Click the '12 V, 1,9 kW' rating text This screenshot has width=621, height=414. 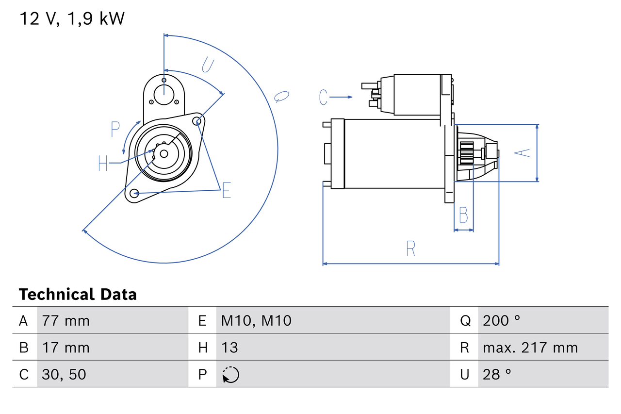click(72, 18)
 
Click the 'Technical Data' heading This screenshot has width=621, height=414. click(78, 294)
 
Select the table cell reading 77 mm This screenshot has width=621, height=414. click(66, 320)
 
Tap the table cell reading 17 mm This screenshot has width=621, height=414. click(66, 348)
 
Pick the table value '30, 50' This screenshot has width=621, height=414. click(64, 374)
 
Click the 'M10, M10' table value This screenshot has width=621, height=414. click(256, 320)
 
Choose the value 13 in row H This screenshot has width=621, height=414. click(229, 348)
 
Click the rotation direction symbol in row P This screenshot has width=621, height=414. click(230, 375)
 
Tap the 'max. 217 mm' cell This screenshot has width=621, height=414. click(530, 348)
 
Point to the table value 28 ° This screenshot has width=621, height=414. click(497, 374)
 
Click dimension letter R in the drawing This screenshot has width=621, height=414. click(410, 249)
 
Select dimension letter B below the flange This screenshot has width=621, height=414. click(463, 215)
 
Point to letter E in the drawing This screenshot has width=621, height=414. click(226, 191)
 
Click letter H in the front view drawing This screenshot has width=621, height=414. click(103, 163)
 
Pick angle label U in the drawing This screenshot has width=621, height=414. click(208, 65)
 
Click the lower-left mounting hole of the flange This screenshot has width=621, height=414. click(134, 193)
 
